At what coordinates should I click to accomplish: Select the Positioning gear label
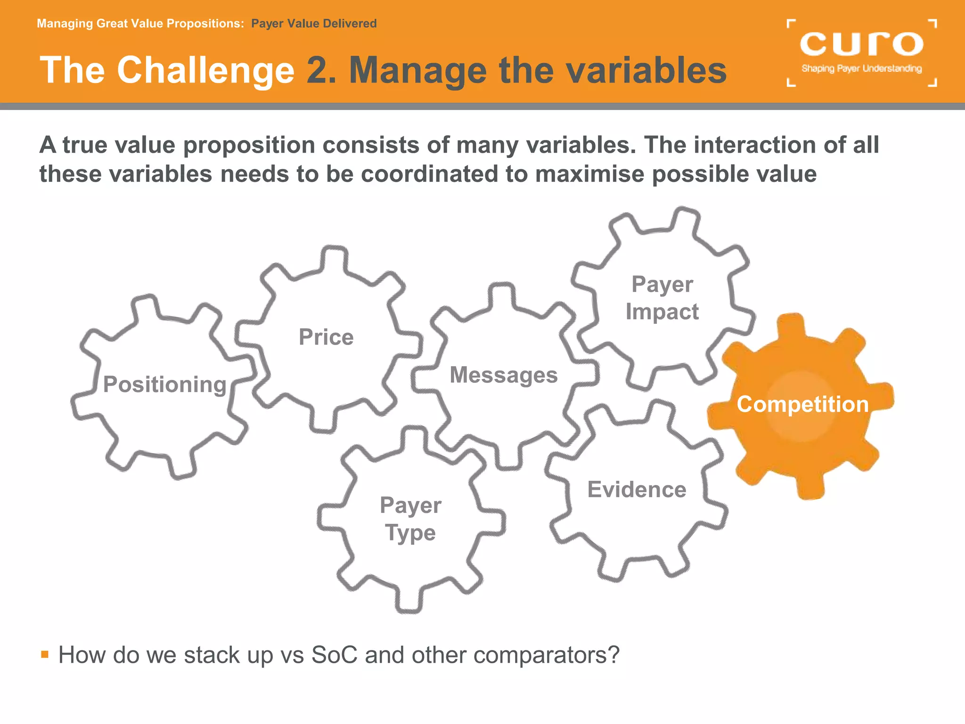point(165,384)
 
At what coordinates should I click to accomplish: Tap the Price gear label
point(326,337)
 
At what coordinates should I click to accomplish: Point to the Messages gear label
point(504,375)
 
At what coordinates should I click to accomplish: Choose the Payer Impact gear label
point(662,298)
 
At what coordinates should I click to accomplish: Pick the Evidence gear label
point(637,489)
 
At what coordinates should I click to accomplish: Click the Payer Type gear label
point(410,518)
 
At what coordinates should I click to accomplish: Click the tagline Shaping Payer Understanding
point(861,69)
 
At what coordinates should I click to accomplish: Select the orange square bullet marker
point(45,654)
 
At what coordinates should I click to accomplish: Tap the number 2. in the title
point(321,70)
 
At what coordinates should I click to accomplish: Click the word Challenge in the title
point(205,70)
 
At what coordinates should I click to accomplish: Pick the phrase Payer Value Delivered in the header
point(314,24)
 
